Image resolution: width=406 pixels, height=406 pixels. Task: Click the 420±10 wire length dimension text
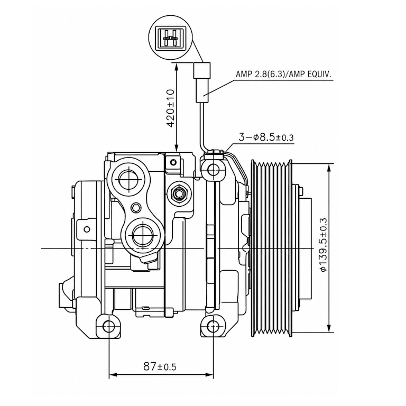tap(171, 108)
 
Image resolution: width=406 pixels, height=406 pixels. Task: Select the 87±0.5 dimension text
tap(160, 366)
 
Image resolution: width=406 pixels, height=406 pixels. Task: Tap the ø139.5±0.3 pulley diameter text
tap(324, 245)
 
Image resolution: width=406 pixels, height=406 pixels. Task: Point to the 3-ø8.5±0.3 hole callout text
tap(266, 137)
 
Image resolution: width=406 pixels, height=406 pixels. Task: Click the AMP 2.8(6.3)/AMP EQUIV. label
tap(283, 75)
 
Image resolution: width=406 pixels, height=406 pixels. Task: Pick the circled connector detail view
tap(171, 38)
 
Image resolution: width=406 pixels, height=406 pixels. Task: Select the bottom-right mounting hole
tap(213, 326)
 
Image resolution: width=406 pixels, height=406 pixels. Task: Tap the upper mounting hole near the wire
tap(214, 170)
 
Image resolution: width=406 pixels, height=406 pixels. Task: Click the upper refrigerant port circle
tap(130, 179)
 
